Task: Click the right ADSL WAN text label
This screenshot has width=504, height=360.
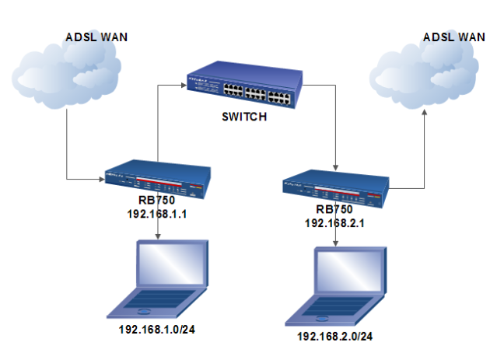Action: (x=453, y=37)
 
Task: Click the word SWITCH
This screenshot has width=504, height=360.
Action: (x=244, y=117)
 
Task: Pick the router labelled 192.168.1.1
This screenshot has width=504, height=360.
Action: (x=158, y=181)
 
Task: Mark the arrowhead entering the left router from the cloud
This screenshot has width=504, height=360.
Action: (x=102, y=180)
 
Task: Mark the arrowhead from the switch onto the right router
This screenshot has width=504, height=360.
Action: (x=335, y=166)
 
